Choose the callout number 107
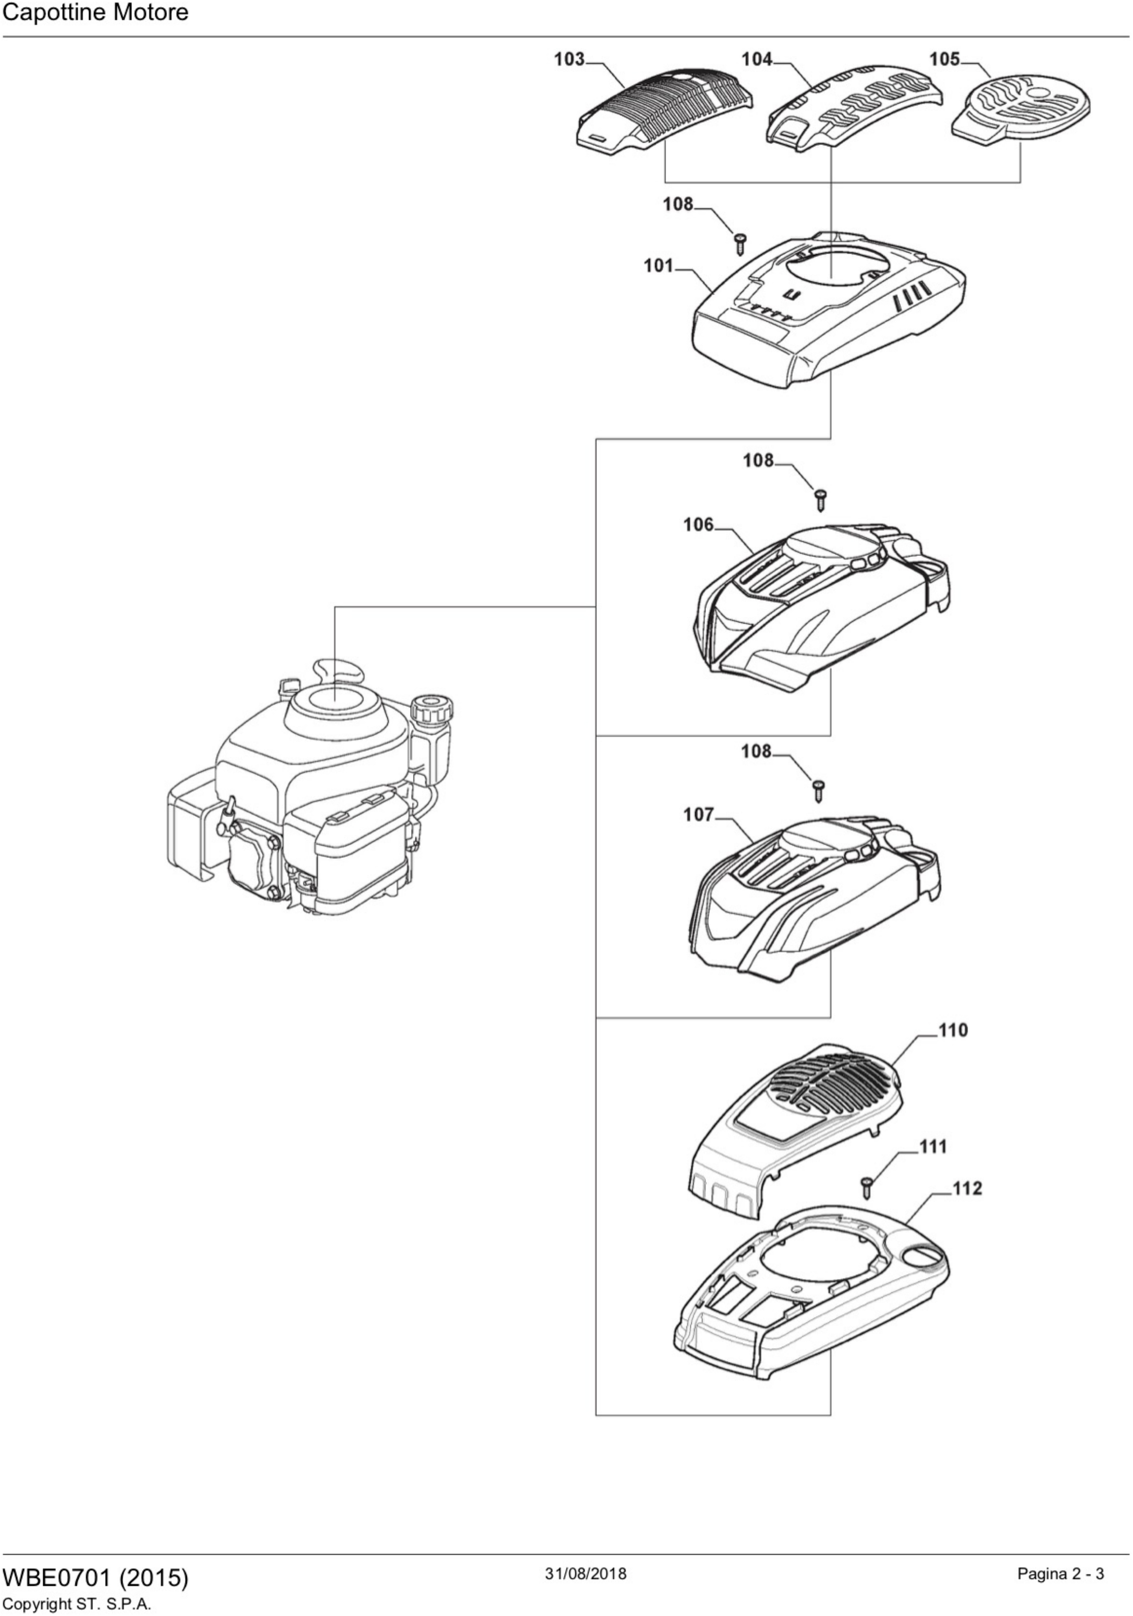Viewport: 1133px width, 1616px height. click(699, 814)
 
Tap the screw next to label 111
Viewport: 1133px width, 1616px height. click(868, 1188)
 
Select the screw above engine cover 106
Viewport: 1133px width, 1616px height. click(820, 499)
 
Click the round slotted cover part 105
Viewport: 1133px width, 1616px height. click(1021, 112)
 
